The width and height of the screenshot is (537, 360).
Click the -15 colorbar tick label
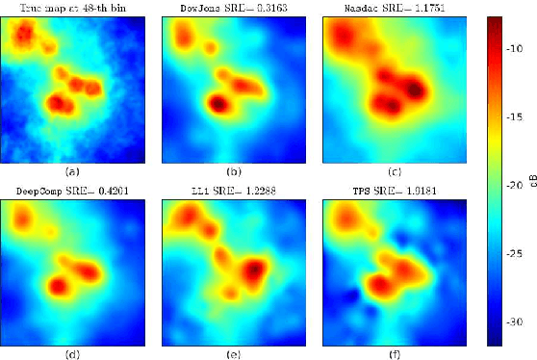(x=517, y=115)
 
